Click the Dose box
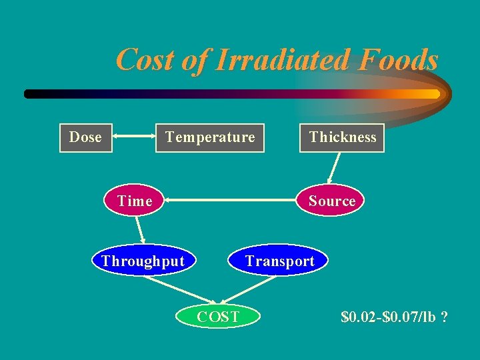[85, 138]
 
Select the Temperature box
[210, 138]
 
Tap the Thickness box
[342, 138]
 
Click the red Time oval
[135, 201]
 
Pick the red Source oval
[331, 201]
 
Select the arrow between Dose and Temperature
[134, 138]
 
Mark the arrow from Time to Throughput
[141, 231]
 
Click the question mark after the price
[444, 316]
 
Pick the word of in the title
[193, 60]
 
